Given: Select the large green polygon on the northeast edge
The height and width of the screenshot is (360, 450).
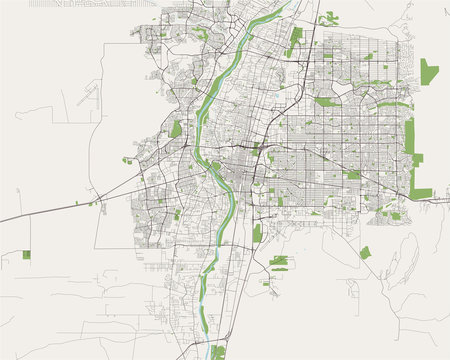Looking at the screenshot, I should (x=428, y=72).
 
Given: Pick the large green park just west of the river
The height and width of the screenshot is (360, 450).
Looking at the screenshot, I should (x=177, y=129).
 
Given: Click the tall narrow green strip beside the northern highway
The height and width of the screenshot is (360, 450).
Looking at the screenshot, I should (x=295, y=42).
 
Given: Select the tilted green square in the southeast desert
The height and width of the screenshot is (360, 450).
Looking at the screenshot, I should (x=365, y=252).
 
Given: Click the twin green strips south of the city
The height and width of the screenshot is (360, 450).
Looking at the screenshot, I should (x=279, y=262).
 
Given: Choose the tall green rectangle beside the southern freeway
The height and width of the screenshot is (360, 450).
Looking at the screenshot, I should (x=257, y=233).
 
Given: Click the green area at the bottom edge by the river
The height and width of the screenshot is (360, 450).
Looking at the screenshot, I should (x=218, y=352).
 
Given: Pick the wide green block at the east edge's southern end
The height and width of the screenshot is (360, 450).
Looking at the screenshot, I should (x=422, y=192).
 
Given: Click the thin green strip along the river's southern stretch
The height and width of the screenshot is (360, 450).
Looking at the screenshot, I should (x=203, y=300).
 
